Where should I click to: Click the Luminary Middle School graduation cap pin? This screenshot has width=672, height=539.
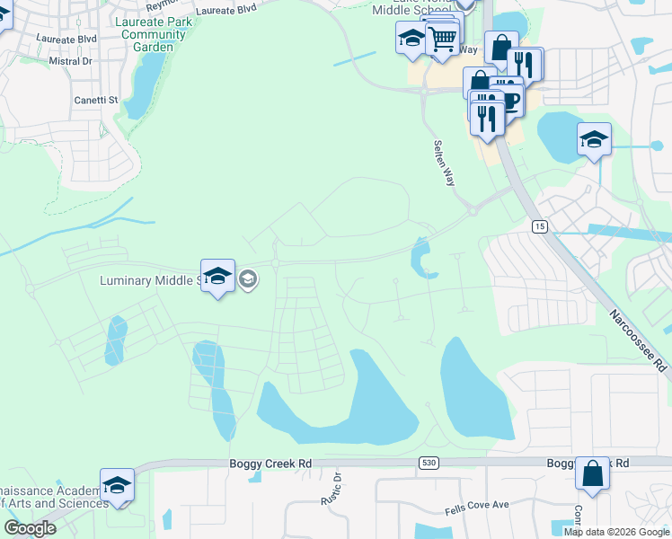point(217,278)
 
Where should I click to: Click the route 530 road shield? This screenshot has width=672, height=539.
point(428,462)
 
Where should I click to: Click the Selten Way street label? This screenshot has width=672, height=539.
point(444,163)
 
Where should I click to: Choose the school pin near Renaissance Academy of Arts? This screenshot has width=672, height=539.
point(117,486)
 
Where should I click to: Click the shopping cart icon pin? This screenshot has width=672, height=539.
point(442,39)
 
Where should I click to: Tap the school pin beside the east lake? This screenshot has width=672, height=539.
point(594,140)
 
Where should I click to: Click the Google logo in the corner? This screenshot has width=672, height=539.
point(29,528)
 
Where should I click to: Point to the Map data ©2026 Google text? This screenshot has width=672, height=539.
point(616,532)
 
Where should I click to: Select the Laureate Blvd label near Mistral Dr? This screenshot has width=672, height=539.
point(66,40)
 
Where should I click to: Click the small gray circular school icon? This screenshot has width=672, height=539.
point(249,281)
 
